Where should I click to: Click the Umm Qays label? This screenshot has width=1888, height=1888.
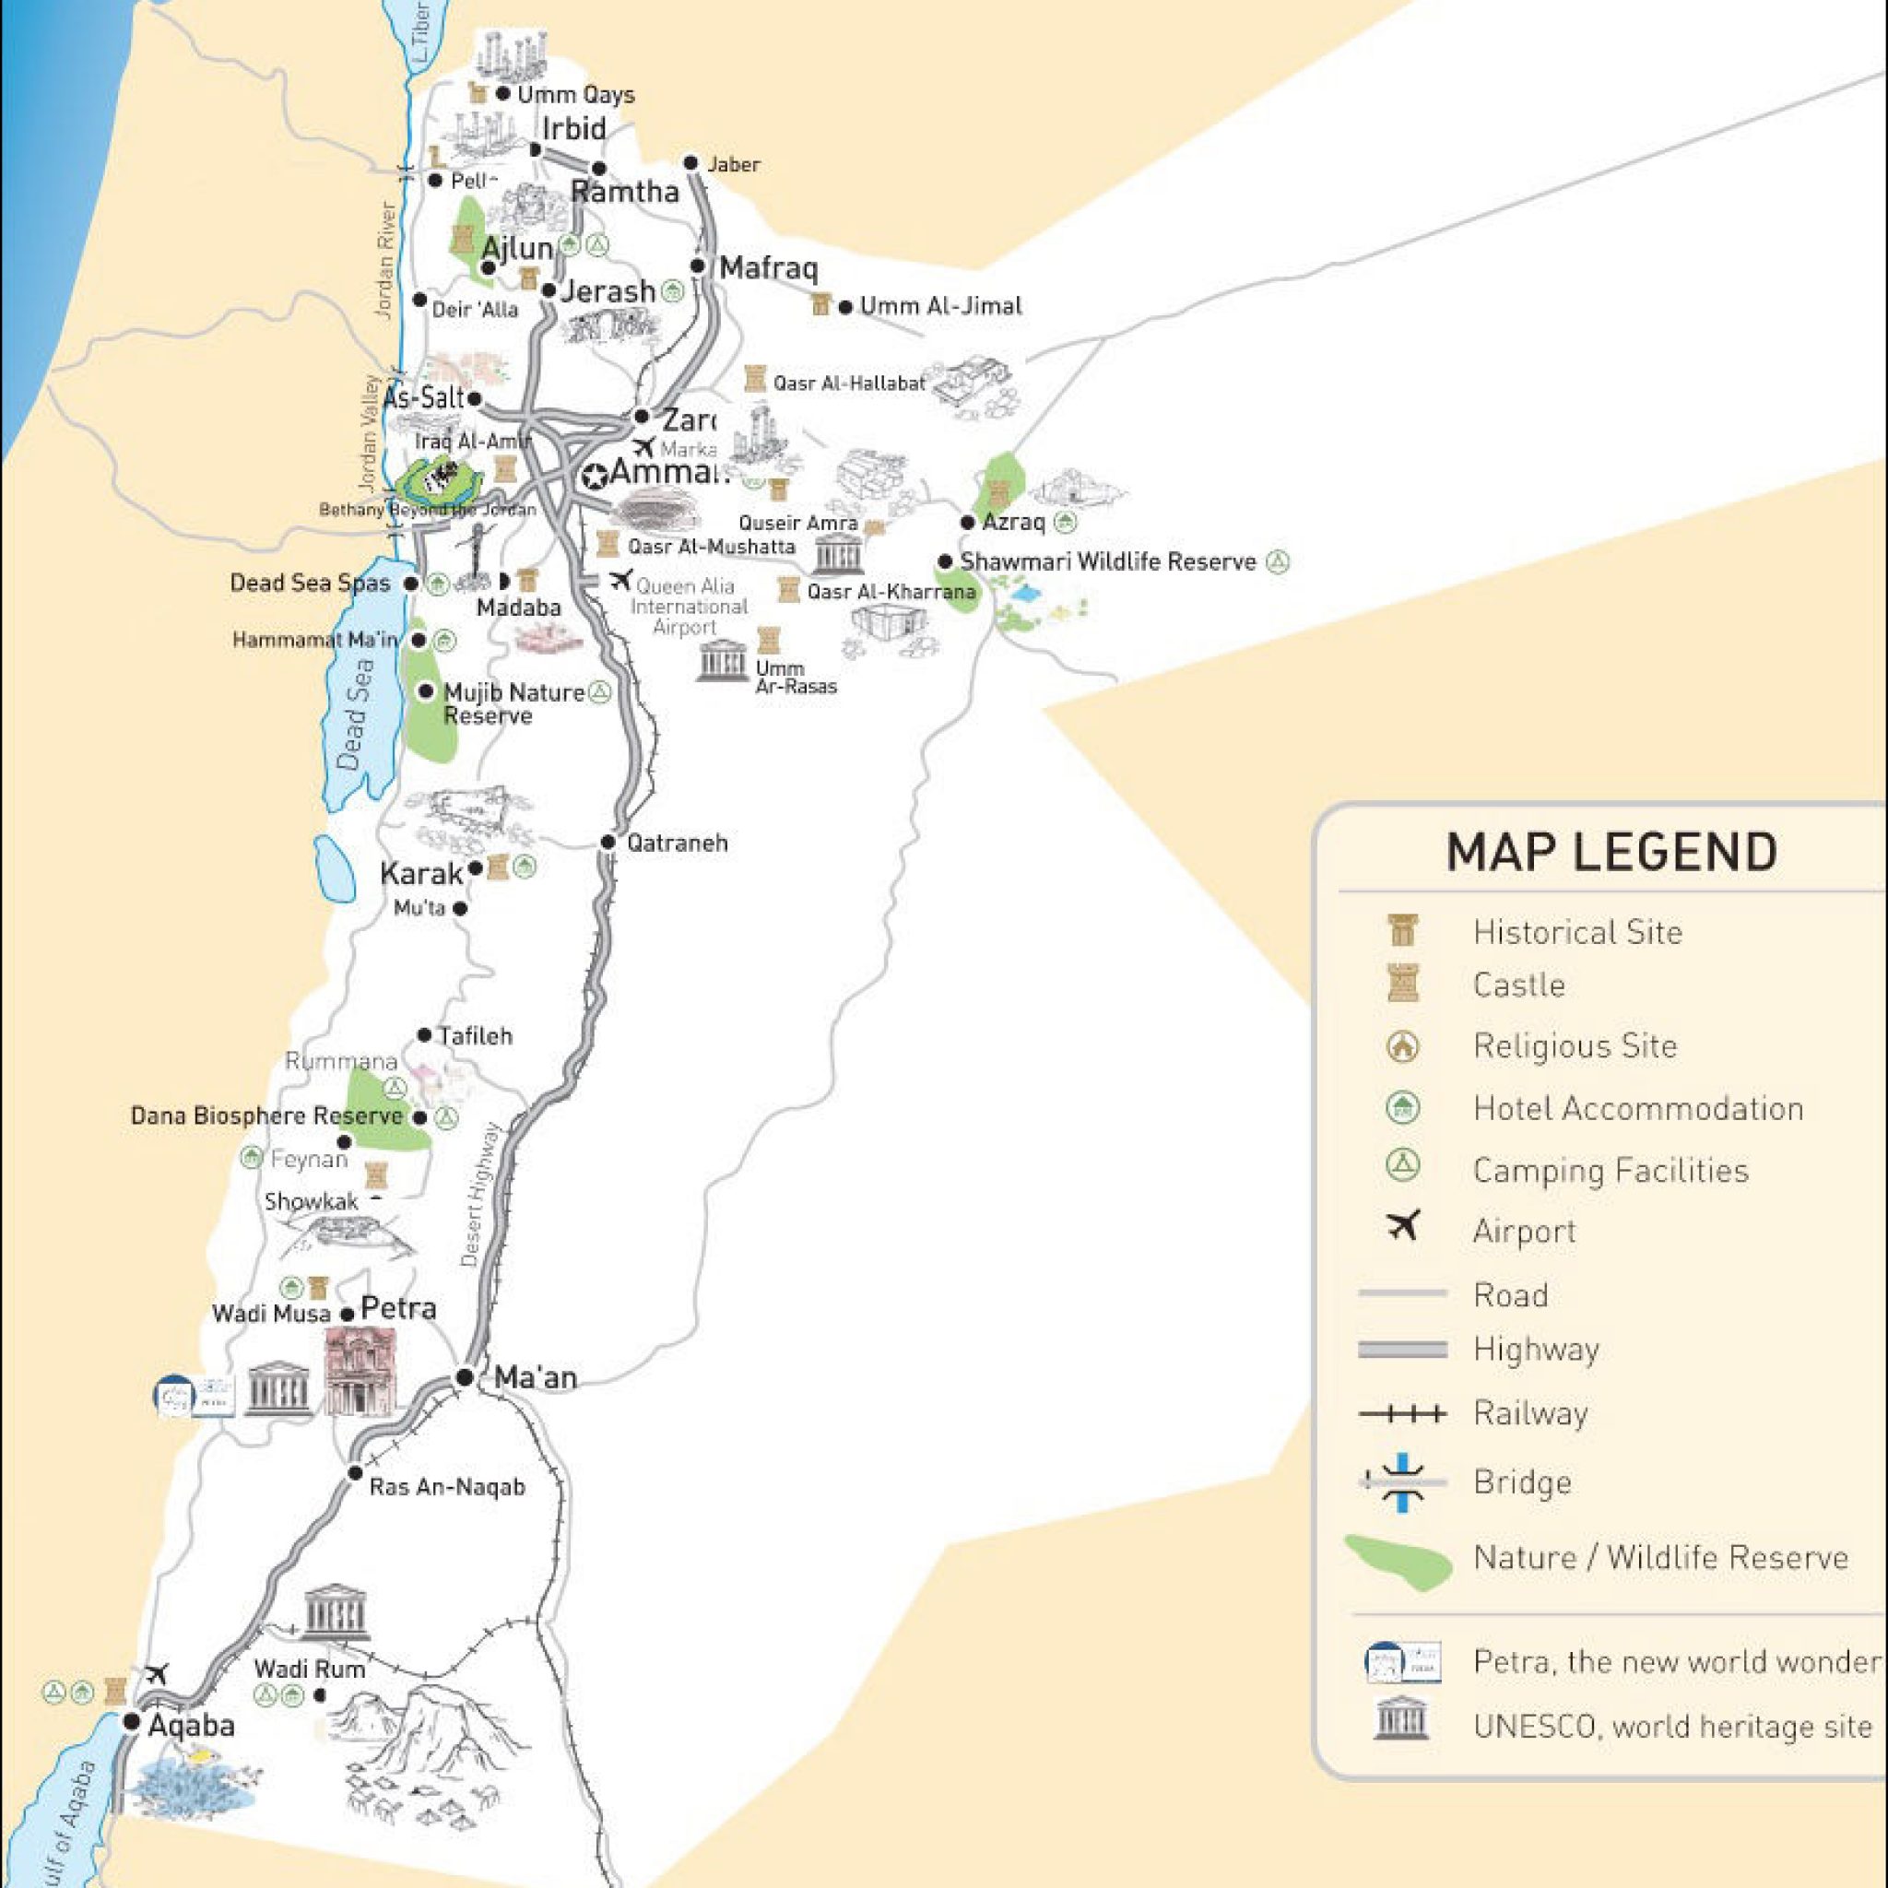coord(575,95)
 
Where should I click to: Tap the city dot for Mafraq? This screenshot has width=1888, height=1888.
coord(698,265)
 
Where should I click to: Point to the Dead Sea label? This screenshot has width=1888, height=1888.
coord(355,714)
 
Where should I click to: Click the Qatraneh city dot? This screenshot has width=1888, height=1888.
coord(608,842)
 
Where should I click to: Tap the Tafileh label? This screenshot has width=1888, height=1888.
coord(475,1035)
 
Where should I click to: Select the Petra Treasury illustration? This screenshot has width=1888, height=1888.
coord(360,1373)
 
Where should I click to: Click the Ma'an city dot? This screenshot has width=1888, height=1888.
coord(466,1377)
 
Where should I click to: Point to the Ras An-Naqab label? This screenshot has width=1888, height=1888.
coord(446,1486)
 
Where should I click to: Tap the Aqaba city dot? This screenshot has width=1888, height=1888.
coord(131,1721)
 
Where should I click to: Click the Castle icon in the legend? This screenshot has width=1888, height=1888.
coord(1403,984)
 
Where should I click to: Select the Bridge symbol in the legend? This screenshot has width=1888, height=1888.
coord(1403,1482)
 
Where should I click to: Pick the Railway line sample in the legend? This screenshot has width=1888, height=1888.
coord(1402,1413)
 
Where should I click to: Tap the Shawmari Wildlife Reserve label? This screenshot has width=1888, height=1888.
coord(1107,562)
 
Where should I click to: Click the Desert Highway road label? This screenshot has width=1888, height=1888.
coord(479,1194)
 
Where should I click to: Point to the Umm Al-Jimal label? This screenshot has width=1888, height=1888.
coord(940,306)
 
